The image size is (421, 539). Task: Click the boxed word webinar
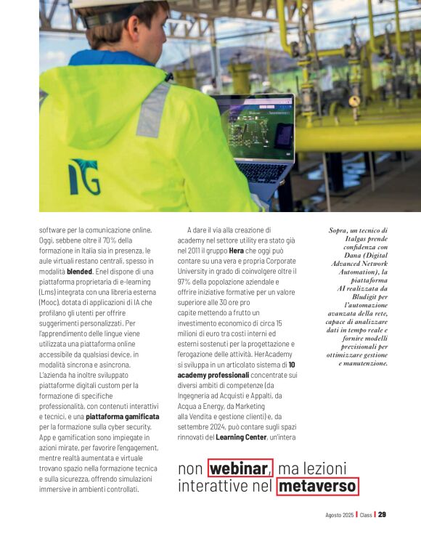(x=240, y=468)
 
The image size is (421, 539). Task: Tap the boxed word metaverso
(x=316, y=485)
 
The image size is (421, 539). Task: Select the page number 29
(x=382, y=515)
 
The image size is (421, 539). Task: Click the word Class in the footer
(x=366, y=515)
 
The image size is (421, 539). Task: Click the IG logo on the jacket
(x=84, y=178)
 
